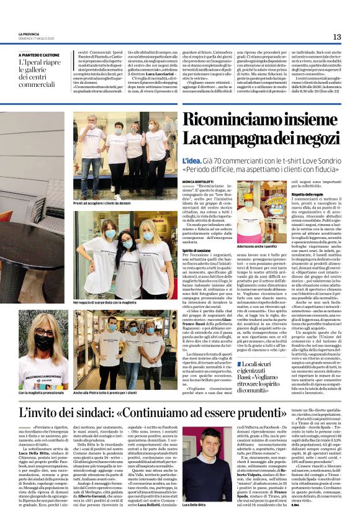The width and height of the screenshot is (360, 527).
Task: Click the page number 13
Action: pos(337,37)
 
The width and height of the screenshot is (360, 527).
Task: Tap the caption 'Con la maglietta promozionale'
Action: pos(42,393)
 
